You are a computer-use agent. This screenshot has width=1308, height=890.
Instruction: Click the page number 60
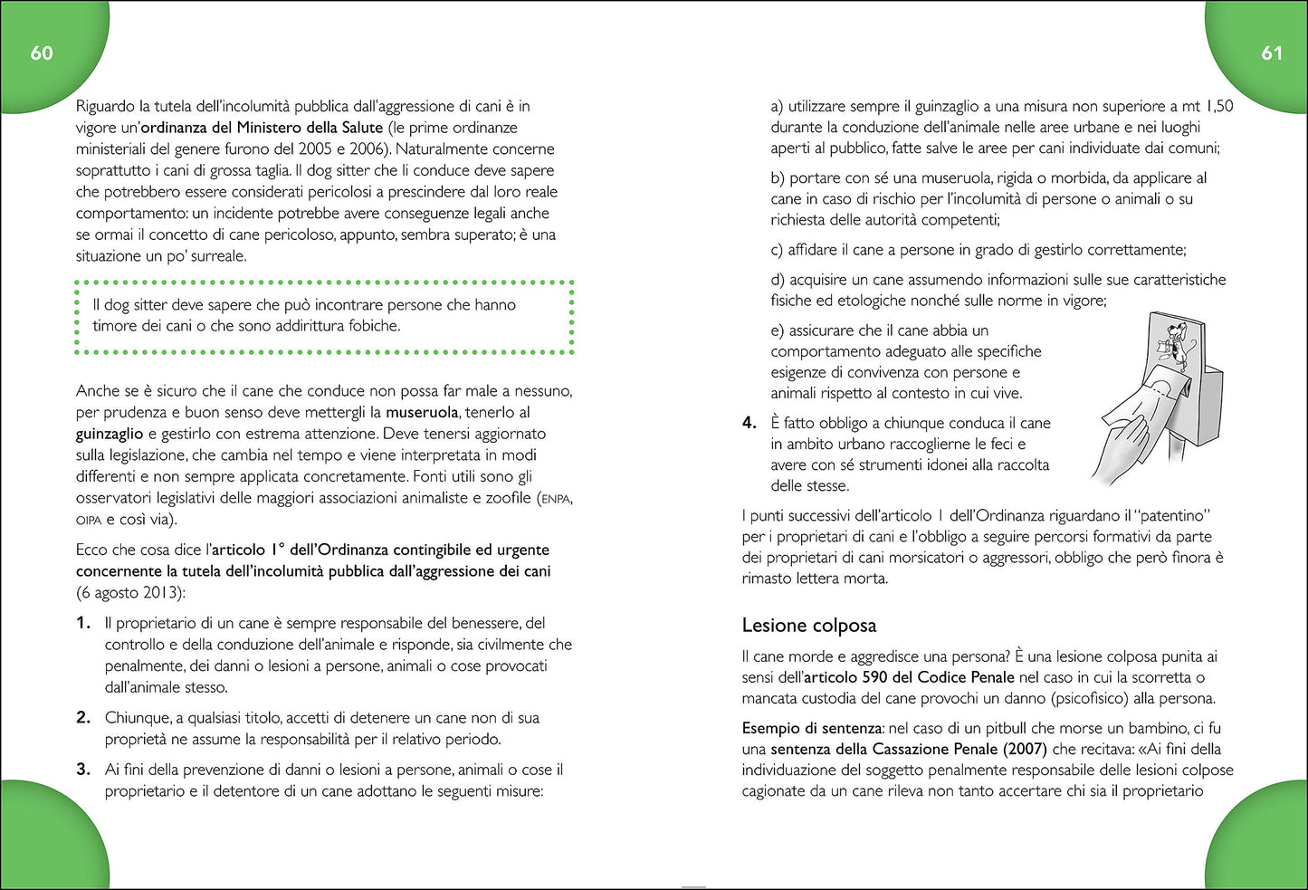point(42,53)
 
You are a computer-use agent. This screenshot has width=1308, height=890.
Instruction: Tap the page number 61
point(1271,53)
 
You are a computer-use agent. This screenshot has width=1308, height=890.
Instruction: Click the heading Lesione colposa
point(808,626)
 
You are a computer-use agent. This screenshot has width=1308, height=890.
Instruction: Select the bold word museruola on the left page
point(422,413)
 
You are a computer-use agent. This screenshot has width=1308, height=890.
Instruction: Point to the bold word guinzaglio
point(110,434)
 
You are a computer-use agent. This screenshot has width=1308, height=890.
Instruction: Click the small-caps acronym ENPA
point(556,499)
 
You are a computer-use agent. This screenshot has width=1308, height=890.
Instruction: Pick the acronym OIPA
point(89,521)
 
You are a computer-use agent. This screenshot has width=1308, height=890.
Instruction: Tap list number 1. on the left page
point(83,623)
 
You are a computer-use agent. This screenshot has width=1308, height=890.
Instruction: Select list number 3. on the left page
point(83,770)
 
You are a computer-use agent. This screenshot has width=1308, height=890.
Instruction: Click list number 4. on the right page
point(749,423)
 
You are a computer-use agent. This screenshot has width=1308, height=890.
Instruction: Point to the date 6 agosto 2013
point(130,593)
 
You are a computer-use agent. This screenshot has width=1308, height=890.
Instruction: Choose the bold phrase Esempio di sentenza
point(812,728)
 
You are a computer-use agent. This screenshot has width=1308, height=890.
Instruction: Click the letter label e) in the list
point(778,330)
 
